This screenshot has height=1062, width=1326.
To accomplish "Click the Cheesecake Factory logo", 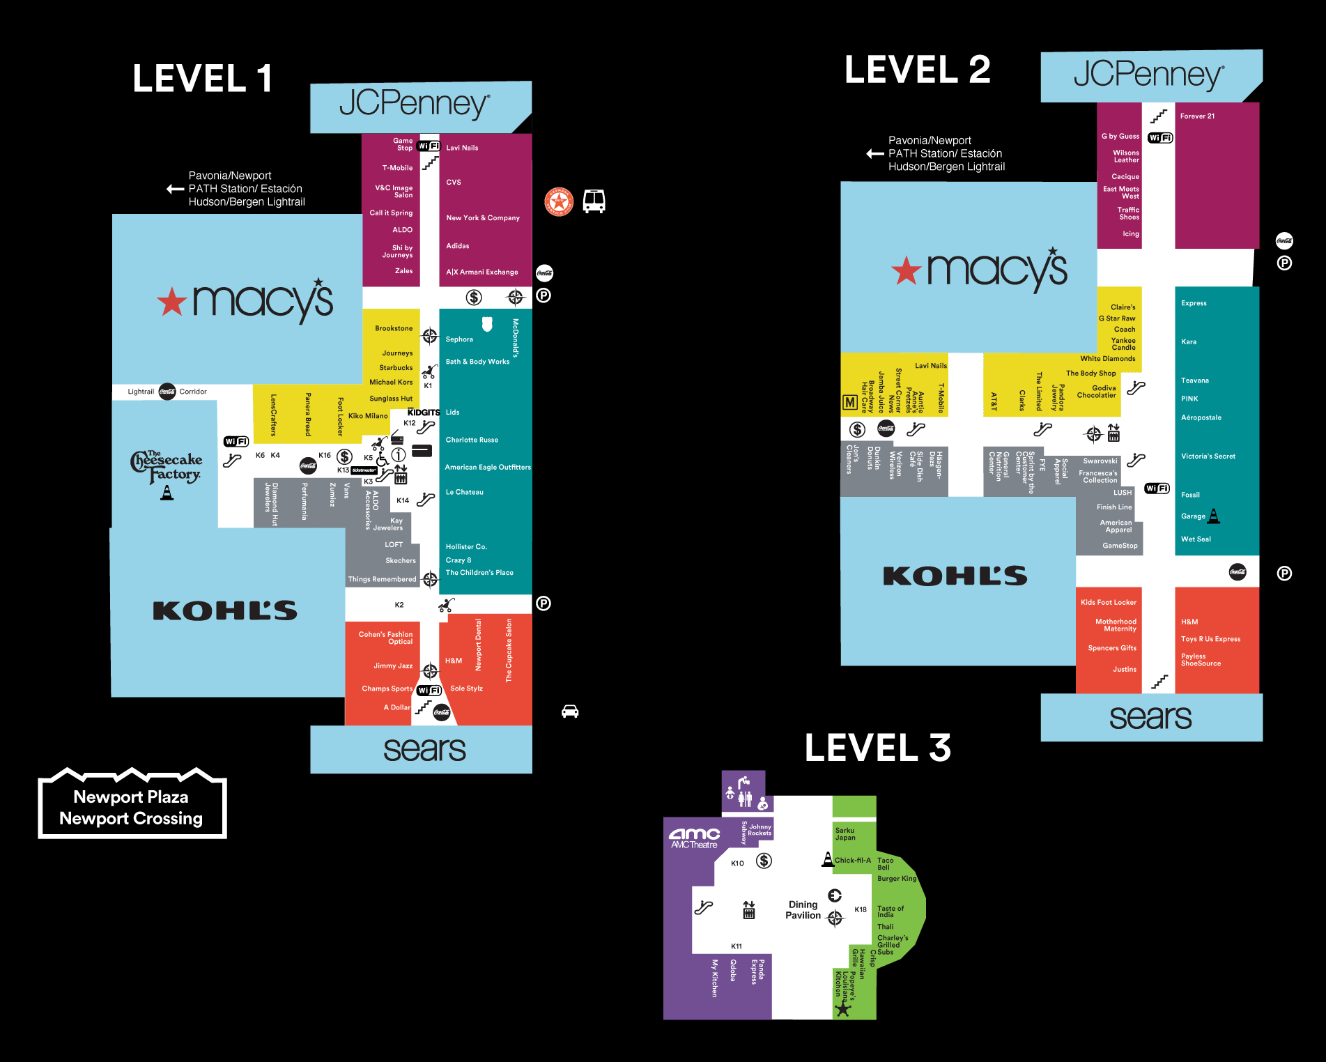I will (x=167, y=468).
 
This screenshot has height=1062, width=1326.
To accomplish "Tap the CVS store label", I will (x=454, y=183).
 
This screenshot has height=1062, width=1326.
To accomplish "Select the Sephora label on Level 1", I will (x=459, y=339).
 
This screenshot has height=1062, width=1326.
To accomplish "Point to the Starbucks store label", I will (x=396, y=368).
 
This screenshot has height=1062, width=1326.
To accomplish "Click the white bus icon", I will (x=594, y=201).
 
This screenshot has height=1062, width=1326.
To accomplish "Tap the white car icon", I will (x=570, y=711).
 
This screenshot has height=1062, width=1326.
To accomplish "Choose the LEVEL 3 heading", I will (x=877, y=748).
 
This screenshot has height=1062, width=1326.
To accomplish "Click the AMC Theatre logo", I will (x=694, y=838).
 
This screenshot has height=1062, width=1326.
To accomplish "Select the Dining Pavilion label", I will (x=803, y=910).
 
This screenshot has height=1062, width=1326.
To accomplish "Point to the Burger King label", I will (x=897, y=879).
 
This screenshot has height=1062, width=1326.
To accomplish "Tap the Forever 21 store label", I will (x=1197, y=116).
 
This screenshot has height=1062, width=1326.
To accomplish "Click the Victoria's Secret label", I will (x=1208, y=456).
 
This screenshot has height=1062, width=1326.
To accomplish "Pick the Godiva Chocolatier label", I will (x=1097, y=392).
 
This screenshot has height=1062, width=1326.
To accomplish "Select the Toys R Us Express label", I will (x=1210, y=639).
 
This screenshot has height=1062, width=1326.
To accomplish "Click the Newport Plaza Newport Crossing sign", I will (x=132, y=807).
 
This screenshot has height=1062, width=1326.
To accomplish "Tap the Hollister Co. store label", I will (x=466, y=547).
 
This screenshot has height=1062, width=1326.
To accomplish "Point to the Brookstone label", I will (x=394, y=328).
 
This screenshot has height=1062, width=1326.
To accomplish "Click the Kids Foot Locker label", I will (x=1109, y=603).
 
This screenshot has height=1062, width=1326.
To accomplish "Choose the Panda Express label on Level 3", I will (x=757, y=971).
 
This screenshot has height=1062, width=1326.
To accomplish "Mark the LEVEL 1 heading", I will (x=202, y=78).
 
